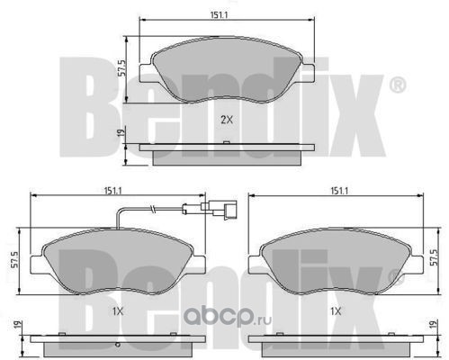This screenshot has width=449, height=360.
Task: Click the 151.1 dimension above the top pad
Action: click(x=219, y=15)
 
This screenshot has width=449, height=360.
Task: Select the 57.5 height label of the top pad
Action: click(x=122, y=68)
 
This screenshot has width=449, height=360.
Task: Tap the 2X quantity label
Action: click(x=227, y=120)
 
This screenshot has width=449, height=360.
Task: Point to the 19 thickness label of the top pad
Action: click(x=121, y=133)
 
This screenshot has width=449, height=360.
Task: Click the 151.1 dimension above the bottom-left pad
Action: click(x=112, y=191)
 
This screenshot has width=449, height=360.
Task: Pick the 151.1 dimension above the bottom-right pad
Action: click(x=339, y=191)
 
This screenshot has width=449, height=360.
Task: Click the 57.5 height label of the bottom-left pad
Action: click(x=14, y=259)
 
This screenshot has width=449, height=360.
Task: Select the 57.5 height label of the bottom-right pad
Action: click(x=434, y=257)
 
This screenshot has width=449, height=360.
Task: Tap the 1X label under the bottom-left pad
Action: click(x=118, y=312)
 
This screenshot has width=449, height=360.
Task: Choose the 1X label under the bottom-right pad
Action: click(x=336, y=312)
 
